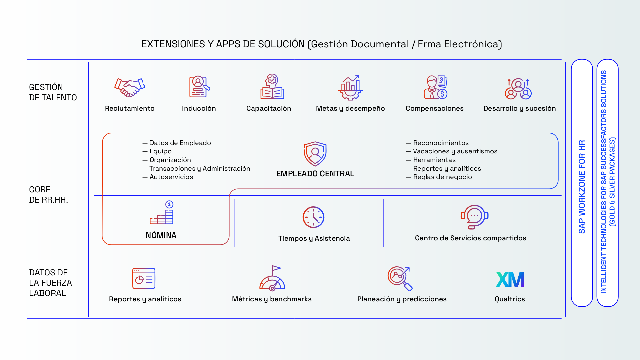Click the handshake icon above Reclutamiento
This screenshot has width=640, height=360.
130,88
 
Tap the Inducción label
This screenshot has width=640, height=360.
199,108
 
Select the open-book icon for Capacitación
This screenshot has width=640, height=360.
272,87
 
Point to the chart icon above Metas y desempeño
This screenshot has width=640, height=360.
350,88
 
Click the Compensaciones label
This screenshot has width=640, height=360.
434,108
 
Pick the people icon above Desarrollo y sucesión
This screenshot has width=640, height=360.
518,89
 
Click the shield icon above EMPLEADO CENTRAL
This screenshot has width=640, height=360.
315,154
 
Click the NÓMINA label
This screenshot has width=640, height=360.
161,235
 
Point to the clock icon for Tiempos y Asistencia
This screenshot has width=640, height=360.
313,217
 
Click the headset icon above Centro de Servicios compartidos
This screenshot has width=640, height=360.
474,217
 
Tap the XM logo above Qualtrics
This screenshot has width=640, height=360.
510,279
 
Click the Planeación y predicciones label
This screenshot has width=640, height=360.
402,299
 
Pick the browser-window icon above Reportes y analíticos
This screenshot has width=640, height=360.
144,278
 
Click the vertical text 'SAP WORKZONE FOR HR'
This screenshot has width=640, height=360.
582,187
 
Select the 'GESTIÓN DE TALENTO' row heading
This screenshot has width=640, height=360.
53,92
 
